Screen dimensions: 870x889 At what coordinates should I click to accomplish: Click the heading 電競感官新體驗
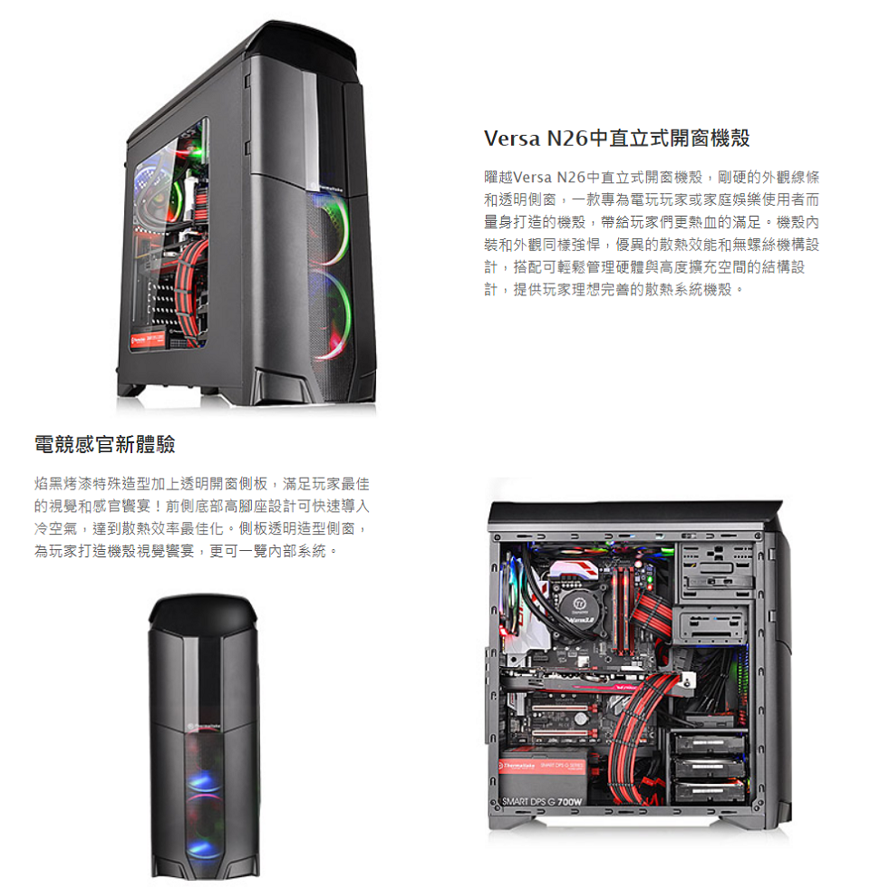104,444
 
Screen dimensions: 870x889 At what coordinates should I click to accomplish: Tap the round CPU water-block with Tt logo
581,604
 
